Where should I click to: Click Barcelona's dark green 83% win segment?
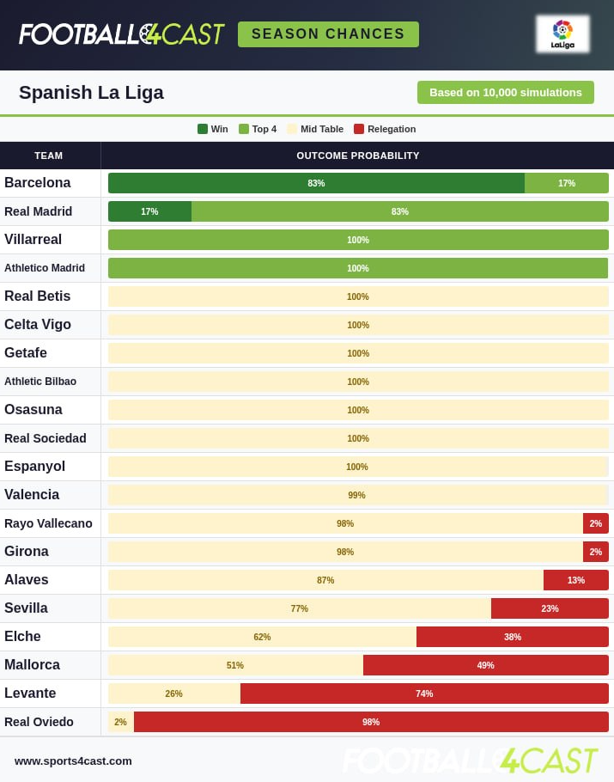coord(316,183)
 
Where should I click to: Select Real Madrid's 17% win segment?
coord(149,211)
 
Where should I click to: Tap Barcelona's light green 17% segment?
coord(567,183)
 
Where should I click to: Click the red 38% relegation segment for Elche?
coord(513,637)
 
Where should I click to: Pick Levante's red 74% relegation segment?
coord(424,693)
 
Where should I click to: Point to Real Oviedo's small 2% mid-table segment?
coord(121,722)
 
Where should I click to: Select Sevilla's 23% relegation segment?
coord(550,608)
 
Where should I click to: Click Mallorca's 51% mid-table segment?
coord(235,665)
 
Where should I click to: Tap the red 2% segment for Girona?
coord(596,552)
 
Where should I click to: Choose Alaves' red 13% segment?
coord(576,580)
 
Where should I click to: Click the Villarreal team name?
coord(33,240)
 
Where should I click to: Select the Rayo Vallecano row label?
coord(48,523)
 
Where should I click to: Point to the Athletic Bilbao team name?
coord(40,382)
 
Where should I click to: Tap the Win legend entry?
coord(213,129)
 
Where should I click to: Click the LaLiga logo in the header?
coord(562,34)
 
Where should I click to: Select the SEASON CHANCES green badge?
coord(328,34)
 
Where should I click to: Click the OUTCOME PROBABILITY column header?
coord(358,156)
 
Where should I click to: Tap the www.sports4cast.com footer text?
coord(73,761)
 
